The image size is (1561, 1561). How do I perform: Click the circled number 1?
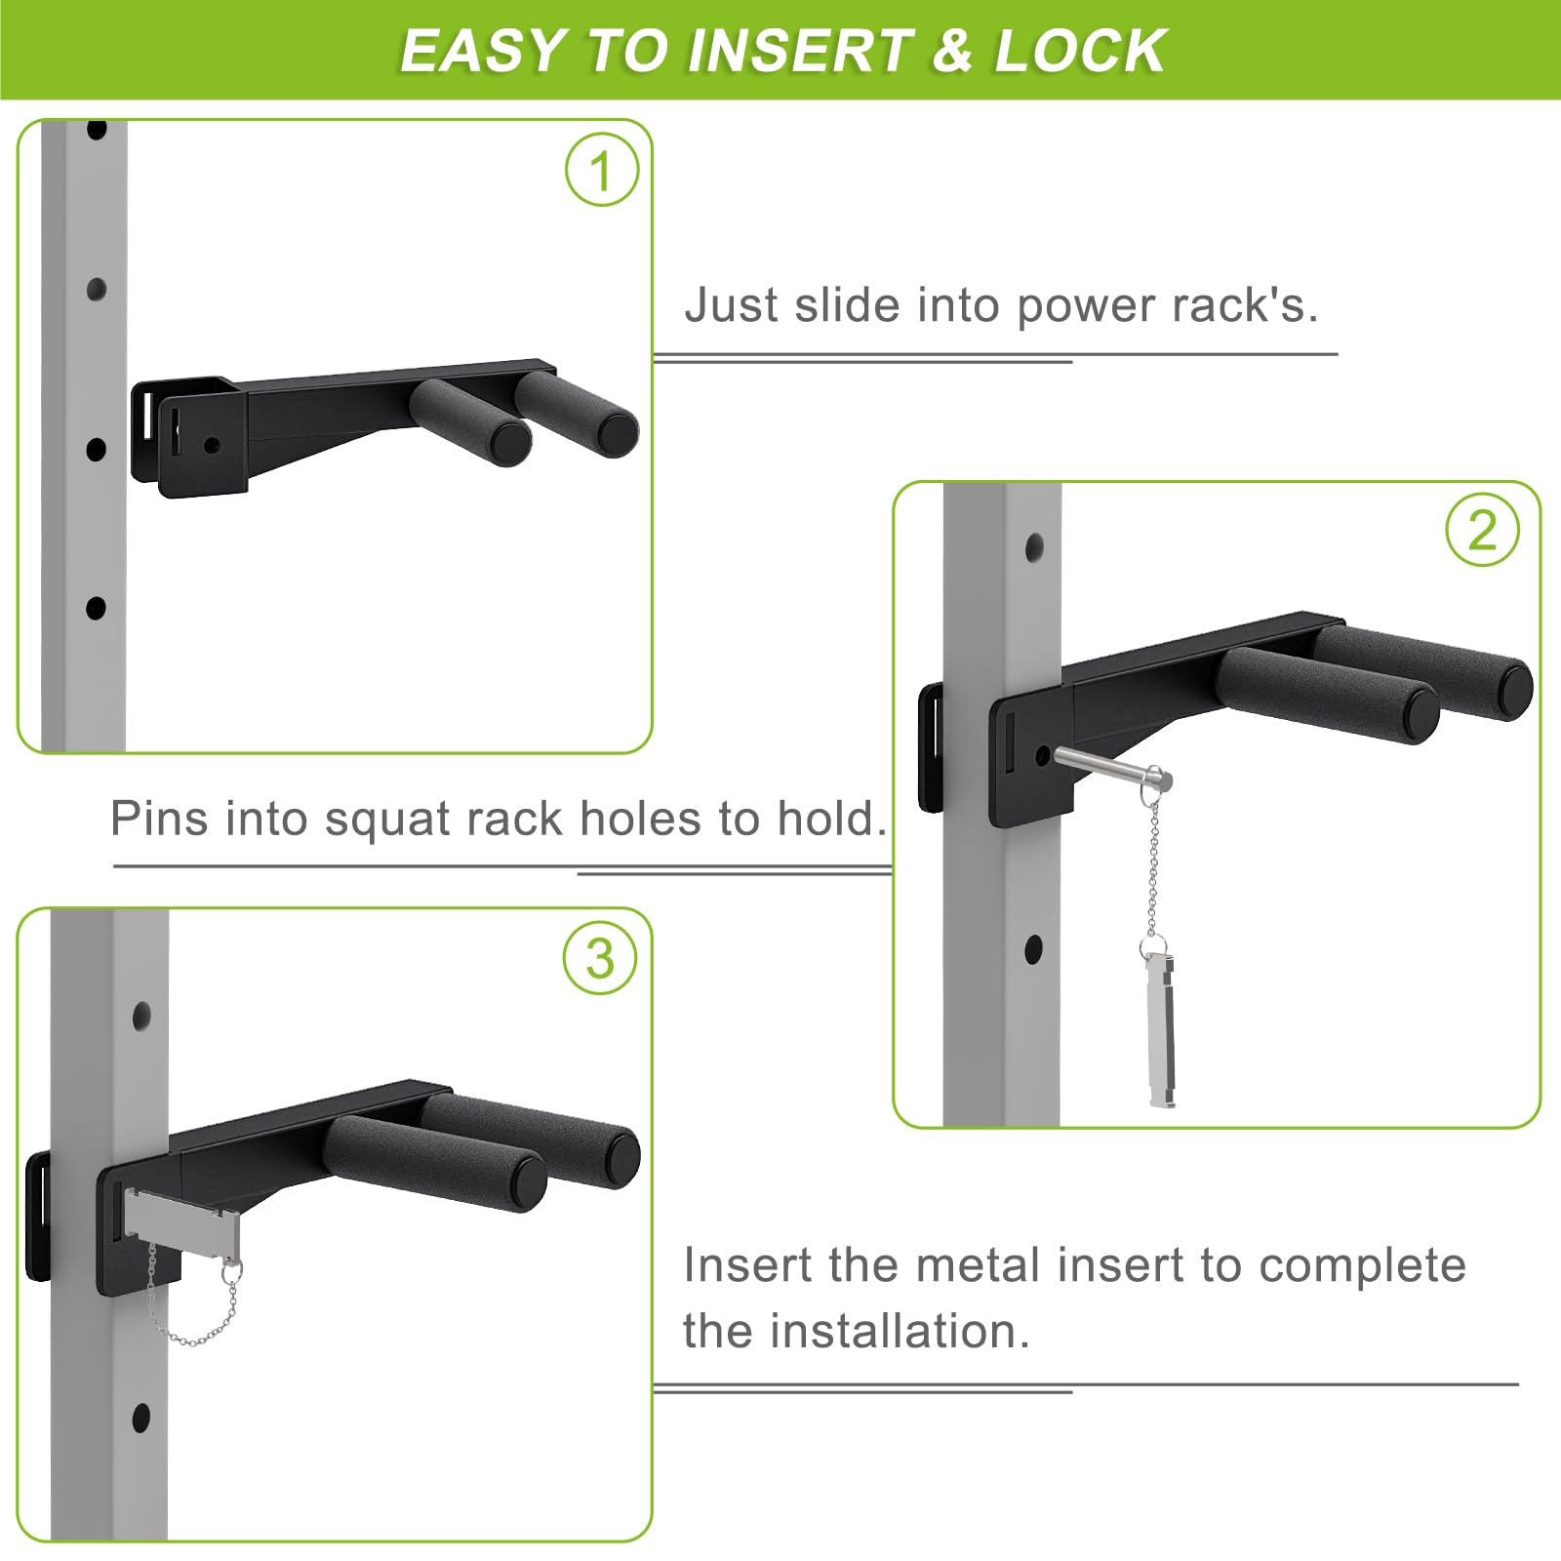pos(602,170)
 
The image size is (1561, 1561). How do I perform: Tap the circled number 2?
pos(1482,531)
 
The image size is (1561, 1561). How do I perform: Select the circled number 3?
pos(600,958)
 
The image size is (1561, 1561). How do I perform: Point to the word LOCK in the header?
pos(1081,51)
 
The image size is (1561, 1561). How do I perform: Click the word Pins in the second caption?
pos(160,818)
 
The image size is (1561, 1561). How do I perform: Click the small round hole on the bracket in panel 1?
pos(212,445)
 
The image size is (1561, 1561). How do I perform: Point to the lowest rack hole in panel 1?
pos(96,608)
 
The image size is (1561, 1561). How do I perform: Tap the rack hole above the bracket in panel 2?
pos(1034,547)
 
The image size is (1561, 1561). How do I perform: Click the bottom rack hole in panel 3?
pos(141,1419)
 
